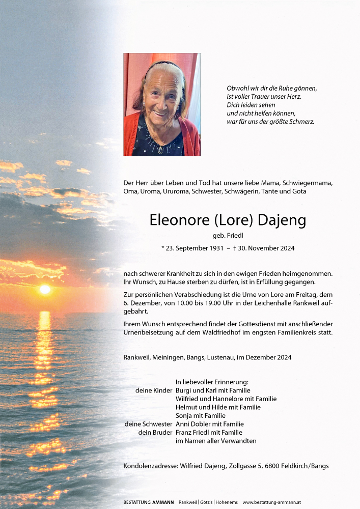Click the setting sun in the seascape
pos(45,289)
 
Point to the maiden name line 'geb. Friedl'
pos(228,235)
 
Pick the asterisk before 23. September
pos(162,249)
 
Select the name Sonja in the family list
pos(184,416)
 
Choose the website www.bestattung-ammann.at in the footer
pos(271,502)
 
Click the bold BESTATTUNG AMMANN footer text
pos(148,502)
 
